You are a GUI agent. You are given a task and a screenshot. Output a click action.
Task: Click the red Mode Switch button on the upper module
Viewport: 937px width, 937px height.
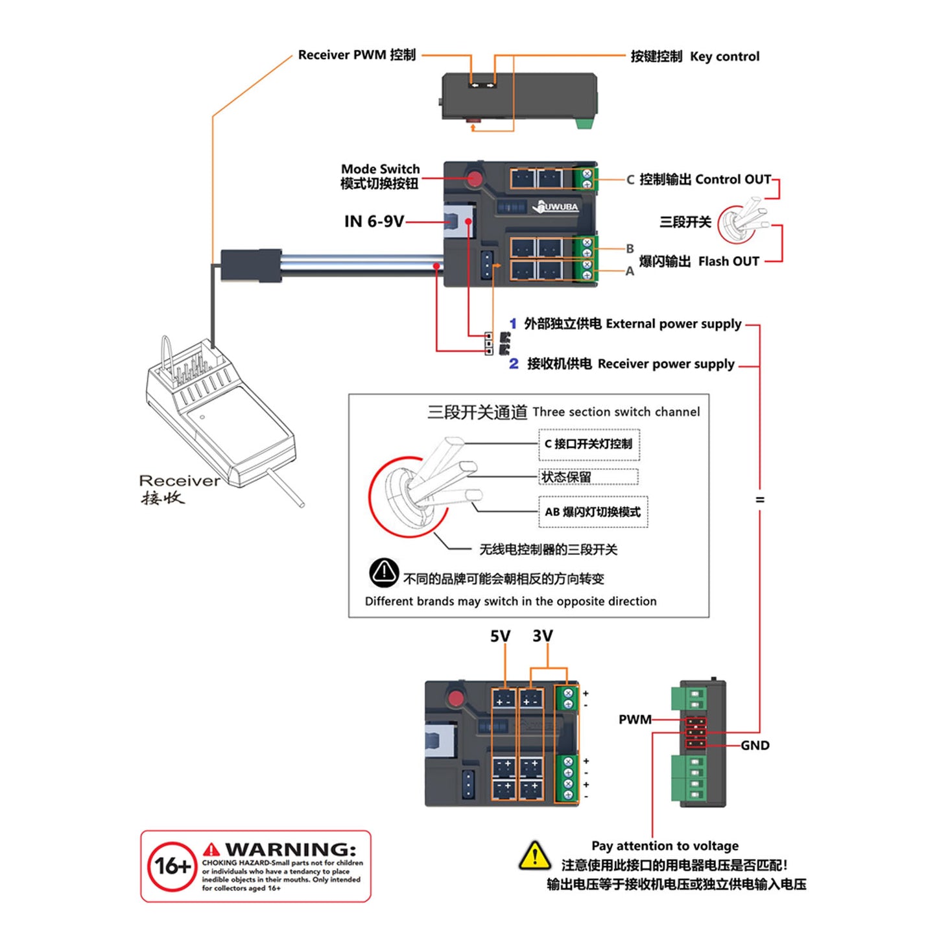475,179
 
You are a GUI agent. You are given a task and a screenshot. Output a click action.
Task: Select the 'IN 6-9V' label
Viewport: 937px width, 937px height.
374,222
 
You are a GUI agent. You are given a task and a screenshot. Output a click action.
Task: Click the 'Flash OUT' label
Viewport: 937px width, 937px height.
728,261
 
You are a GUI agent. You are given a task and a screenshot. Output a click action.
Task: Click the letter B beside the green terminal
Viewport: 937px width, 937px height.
630,248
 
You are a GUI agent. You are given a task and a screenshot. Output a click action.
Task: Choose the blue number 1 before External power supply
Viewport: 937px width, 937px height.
513,324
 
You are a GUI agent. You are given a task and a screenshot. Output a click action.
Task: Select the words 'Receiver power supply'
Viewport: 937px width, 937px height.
666,364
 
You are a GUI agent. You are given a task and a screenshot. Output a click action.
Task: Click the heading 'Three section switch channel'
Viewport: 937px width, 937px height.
615,412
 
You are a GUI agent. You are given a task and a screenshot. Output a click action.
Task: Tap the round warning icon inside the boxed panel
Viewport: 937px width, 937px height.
384,572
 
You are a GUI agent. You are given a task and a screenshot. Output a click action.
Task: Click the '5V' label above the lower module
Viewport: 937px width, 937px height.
500,636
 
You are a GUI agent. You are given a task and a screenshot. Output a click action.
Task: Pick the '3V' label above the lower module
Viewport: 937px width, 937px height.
543,635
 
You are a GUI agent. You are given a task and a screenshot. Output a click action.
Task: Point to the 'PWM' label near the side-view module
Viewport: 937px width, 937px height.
634,719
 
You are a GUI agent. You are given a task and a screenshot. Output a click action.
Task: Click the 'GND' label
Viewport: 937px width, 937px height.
755,746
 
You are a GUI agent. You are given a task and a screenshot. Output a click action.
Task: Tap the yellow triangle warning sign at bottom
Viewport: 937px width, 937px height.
535,856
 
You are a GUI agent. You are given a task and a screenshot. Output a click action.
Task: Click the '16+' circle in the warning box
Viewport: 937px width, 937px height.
172,866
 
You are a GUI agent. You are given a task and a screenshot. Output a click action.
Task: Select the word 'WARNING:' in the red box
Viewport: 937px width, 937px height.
290,849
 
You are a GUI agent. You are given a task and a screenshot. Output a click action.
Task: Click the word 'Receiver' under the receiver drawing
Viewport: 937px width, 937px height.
180,481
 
